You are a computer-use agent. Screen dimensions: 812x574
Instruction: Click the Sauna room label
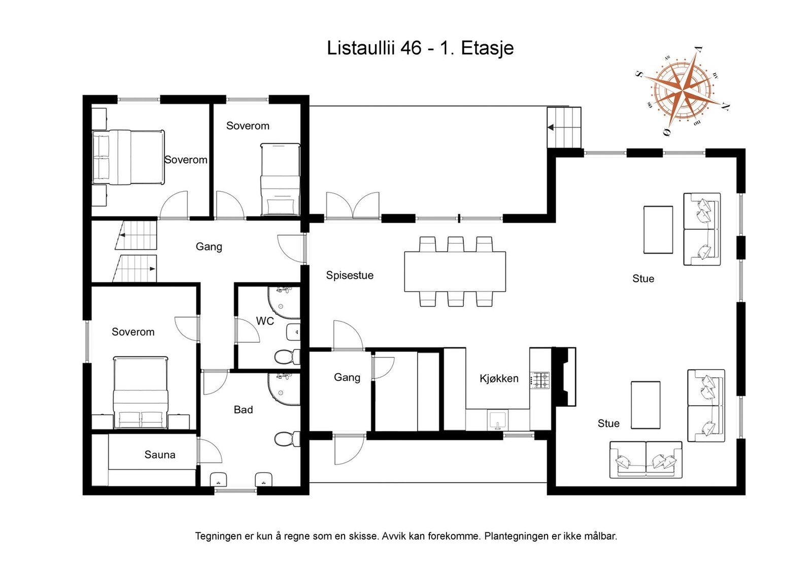[x=160, y=454]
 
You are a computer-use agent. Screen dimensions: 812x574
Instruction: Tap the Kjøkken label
[x=499, y=378]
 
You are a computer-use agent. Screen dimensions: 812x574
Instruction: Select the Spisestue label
[x=350, y=275]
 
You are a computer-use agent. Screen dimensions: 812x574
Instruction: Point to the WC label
[x=265, y=321]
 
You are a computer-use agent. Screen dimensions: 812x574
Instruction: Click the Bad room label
[x=243, y=410]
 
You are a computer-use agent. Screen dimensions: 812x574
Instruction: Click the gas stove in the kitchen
[x=540, y=380]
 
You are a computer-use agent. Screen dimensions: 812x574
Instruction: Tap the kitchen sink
[x=498, y=420]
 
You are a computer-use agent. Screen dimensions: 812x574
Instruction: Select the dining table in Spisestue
[x=455, y=272]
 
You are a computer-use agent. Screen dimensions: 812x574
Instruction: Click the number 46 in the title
[x=411, y=48]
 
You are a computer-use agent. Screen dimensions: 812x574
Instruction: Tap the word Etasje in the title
[x=487, y=49]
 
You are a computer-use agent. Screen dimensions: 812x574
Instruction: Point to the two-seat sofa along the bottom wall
[x=646, y=459]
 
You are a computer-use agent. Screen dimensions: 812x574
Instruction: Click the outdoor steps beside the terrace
[x=564, y=127]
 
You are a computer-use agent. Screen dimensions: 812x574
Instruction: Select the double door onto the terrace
[x=353, y=206]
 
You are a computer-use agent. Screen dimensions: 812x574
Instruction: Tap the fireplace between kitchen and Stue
[x=564, y=377]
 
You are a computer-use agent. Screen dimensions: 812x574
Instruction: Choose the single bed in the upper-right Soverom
[x=280, y=180]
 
